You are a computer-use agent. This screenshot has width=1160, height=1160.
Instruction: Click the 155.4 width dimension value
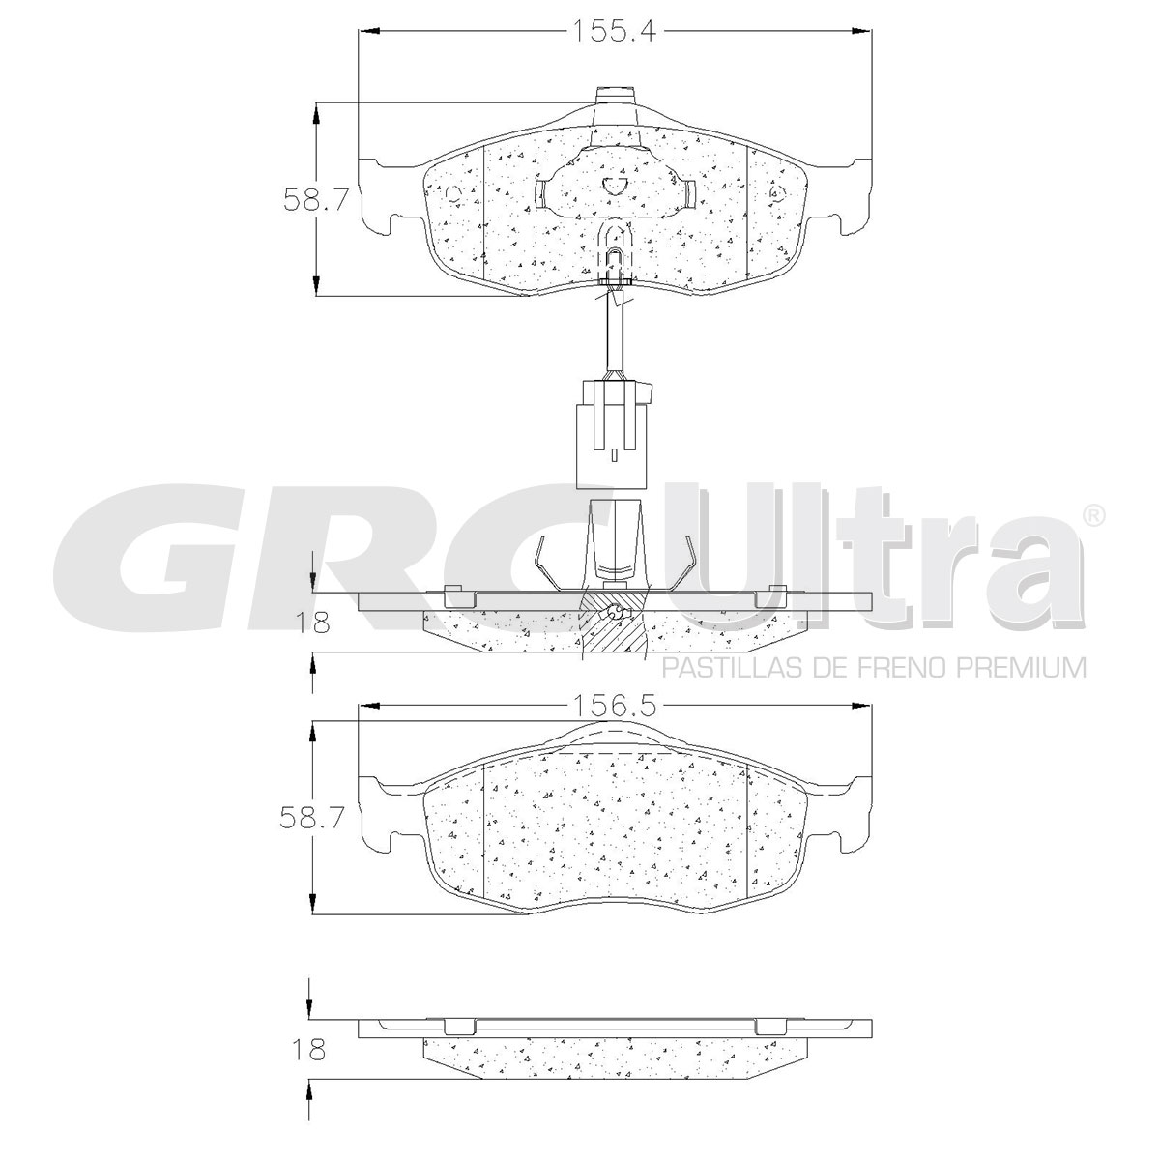pyautogui.click(x=614, y=30)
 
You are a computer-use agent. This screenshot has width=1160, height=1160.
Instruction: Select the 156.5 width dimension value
pyautogui.click(x=612, y=706)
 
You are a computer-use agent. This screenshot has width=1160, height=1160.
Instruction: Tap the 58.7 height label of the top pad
pyautogui.click(x=316, y=199)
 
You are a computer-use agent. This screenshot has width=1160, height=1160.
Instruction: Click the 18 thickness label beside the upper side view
pyautogui.click(x=312, y=623)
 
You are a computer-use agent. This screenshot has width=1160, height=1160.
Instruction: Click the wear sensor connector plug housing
pyautogui.click(x=612, y=435)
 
